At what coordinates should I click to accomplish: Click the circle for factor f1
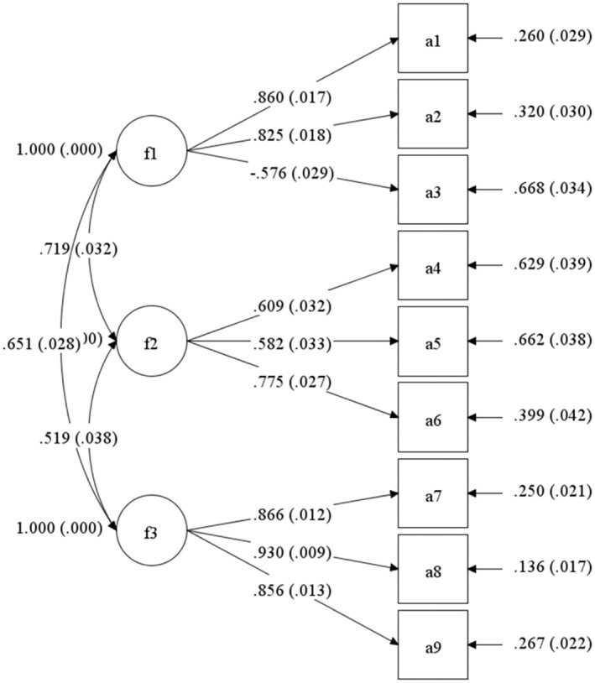tap(151, 152)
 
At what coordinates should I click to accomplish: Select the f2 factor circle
tap(151, 341)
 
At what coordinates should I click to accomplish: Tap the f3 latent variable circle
tap(151, 530)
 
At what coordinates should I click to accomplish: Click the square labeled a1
tap(432, 38)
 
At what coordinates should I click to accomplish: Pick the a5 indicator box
tap(432, 341)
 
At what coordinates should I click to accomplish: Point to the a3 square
tap(432, 190)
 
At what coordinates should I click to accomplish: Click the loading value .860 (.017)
tap(293, 98)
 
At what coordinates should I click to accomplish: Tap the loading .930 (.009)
tap(293, 553)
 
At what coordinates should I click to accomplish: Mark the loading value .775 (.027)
tap(293, 383)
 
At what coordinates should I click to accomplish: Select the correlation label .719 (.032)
tap(77, 248)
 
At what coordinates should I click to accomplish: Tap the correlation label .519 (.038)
tap(77, 437)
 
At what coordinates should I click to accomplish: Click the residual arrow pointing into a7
tap(487, 493)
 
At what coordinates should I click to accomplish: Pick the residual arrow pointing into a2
tap(487, 114)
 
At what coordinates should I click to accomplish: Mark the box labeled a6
tap(432, 417)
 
